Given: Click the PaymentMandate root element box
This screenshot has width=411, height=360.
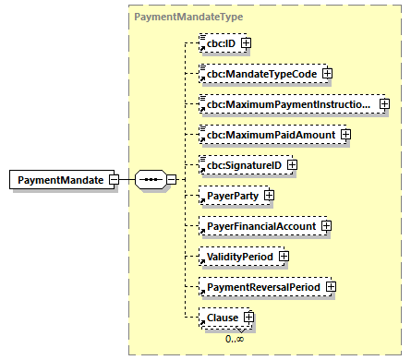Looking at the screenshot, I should (x=57, y=179).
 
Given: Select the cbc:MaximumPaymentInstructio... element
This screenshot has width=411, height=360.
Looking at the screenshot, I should (x=287, y=104).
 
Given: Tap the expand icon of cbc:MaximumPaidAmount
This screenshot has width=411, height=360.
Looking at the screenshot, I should (x=346, y=135).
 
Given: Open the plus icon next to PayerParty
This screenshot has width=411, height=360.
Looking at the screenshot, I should (x=270, y=196).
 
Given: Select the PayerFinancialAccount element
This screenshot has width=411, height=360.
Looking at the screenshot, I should (x=260, y=226).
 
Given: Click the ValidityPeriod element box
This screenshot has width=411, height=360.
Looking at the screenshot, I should (x=236, y=257).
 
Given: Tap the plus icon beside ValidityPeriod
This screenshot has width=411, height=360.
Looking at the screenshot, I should (x=284, y=257).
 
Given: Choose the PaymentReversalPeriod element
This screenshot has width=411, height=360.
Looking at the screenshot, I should (x=262, y=287).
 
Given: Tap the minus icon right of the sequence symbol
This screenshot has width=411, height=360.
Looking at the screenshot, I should (x=171, y=179).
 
